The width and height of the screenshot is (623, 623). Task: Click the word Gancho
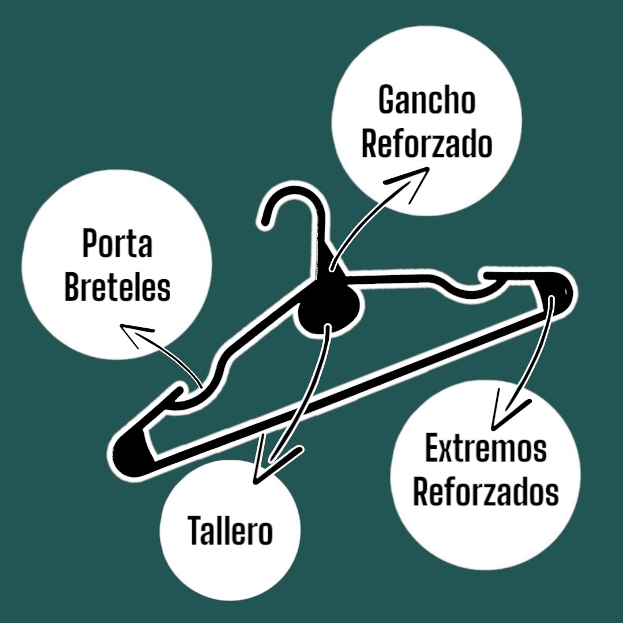427,100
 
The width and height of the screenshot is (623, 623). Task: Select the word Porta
117,245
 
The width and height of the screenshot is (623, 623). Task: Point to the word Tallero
230,531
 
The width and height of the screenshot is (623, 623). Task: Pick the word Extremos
486,449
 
